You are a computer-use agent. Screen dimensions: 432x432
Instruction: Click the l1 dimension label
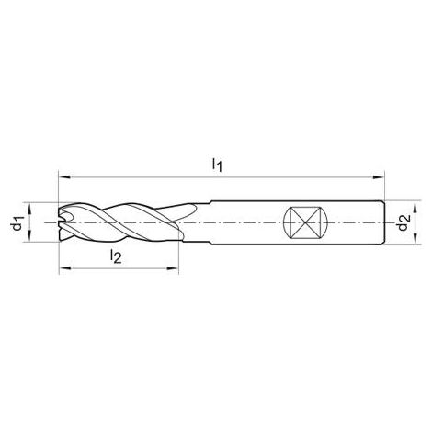pos(217,165)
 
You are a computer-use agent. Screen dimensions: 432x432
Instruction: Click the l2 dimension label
pos(116,256)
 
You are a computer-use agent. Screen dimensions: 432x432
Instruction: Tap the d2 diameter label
pos(404,222)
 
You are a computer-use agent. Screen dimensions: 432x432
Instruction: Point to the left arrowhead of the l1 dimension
pos(64,177)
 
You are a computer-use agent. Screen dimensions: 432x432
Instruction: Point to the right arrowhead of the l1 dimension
pos(378,177)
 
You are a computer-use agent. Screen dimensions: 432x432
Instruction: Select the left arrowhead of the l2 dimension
pos(65,268)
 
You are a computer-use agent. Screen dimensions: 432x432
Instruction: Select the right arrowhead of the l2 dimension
pos(172,268)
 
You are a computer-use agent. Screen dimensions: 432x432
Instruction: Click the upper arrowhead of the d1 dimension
pos(29,210)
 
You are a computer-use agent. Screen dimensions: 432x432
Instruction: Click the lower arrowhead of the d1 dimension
pos(29,235)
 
